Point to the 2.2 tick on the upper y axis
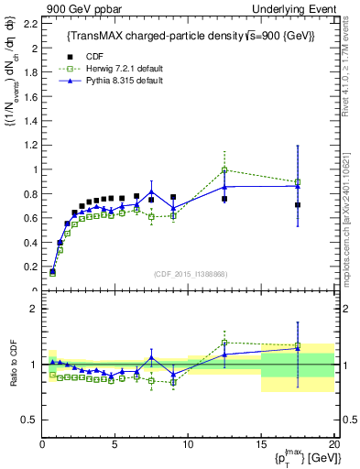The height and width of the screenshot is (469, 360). pos(33,23)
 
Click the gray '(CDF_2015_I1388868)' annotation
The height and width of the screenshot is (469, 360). pos(190,273)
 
